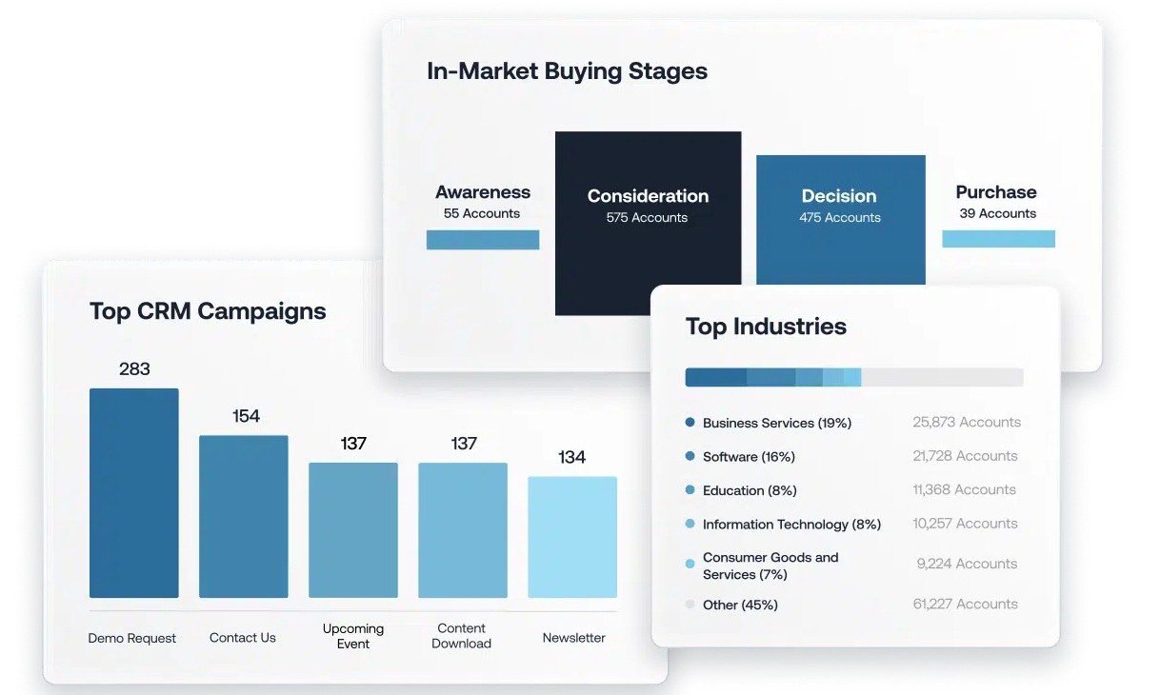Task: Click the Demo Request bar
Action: [x=134, y=492]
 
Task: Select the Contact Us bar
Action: [x=244, y=516]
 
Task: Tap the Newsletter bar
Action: [x=572, y=537]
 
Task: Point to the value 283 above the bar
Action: [x=134, y=369]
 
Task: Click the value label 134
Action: [x=571, y=457]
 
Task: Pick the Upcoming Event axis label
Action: [x=353, y=636]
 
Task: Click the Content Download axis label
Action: [x=461, y=635]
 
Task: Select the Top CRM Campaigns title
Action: [x=208, y=311]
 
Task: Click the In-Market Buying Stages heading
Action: [x=567, y=70]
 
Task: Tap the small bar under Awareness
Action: [x=483, y=240]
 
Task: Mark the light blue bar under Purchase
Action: [x=998, y=239]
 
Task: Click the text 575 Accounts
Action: [x=647, y=217]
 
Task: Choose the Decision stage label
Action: [x=839, y=196]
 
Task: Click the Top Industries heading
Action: [x=766, y=327]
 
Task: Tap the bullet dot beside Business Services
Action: [x=690, y=423]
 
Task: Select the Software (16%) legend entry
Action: [x=749, y=456]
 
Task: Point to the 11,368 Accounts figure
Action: [x=964, y=489]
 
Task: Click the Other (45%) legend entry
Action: [x=740, y=605]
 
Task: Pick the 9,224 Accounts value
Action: [x=967, y=564]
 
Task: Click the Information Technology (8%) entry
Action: [x=791, y=525]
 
